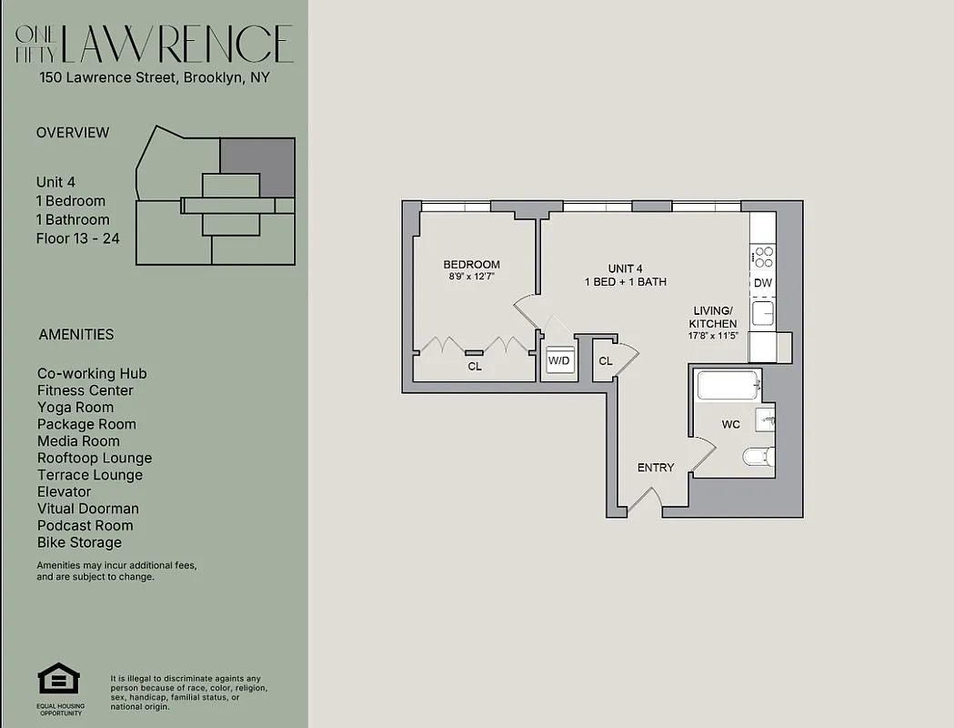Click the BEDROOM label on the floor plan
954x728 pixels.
[471, 265]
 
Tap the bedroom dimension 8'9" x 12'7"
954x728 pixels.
[471, 277]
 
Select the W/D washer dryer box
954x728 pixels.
[558, 361]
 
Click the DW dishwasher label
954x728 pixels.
[762, 283]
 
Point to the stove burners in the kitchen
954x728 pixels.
[762, 258]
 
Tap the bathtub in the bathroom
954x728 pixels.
[728, 386]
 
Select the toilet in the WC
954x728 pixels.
[757, 456]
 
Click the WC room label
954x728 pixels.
[730, 425]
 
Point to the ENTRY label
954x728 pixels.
[656, 468]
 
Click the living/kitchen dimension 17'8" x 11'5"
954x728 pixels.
[713, 336]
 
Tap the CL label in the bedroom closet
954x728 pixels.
[475, 367]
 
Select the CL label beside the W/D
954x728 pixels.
[606, 361]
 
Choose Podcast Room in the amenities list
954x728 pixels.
[85, 525]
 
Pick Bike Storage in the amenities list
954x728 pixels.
[79, 542]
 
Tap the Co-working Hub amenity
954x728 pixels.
[92, 373]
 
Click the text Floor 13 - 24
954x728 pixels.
[77, 238]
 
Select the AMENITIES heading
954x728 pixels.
[76, 334]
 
